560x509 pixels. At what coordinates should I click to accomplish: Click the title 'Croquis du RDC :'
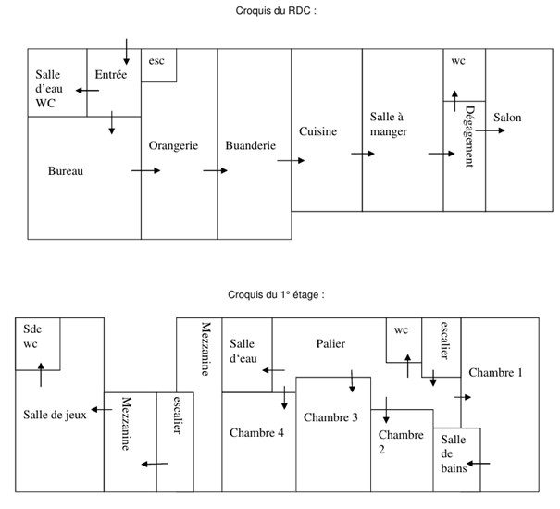[277, 11]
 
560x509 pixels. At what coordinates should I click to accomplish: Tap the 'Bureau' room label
[66, 170]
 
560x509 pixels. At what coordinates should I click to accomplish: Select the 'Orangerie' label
[173, 146]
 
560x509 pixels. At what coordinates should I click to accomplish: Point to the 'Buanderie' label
[250, 146]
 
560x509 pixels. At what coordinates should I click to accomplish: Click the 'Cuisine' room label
[317, 131]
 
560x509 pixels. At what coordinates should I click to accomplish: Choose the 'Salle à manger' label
[389, 124]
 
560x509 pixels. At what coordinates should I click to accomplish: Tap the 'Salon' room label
[507, 118]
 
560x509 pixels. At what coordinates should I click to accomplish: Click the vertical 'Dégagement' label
[468, 136]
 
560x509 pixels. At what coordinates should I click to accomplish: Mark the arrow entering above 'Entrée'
[127, 51]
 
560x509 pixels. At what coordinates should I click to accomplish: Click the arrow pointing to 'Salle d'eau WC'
[87, 91]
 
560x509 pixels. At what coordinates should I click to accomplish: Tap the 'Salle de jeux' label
[55, 415]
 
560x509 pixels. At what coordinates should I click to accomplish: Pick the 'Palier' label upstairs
[330, 344]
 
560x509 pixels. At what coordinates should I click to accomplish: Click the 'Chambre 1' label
[495, 373]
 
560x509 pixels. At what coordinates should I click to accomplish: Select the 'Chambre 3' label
[330, 417]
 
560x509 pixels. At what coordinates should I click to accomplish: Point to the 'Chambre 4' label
[256, 432]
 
